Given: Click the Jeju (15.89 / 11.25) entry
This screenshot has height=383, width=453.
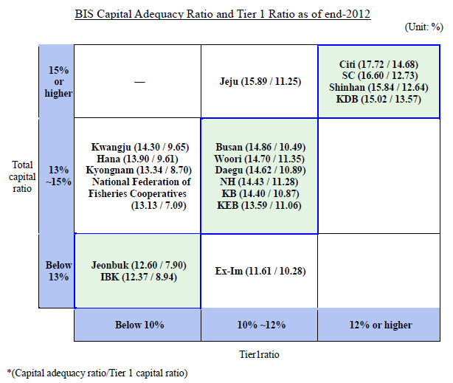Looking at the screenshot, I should pos(260,82).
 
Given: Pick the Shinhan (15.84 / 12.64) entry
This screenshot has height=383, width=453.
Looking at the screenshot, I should pos(382,87).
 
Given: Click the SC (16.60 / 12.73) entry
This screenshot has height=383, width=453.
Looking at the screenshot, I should pos(382,76).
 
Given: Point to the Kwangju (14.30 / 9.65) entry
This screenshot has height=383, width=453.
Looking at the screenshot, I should pos(138,147).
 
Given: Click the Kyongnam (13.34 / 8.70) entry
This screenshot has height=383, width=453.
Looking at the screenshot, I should pos(138,170).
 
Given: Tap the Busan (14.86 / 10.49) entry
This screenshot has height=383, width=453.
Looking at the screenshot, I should pos(260,147).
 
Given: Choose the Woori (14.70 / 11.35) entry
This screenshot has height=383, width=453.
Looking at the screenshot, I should pos(260,159).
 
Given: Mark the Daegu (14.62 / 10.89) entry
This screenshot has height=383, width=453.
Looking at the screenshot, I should pos(260,170).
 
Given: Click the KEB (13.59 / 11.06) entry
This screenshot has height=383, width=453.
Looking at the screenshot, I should pos(260,205).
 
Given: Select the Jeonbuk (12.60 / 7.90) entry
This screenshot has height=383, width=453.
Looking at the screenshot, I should pos(138,265).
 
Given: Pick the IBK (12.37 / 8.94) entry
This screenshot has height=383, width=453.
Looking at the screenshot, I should pos(138,277).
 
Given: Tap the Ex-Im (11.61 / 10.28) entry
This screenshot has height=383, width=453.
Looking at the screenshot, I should pos(260,271).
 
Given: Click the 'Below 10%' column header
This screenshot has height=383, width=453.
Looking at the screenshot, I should pos(138,325).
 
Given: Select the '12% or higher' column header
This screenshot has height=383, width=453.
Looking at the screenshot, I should pos(381,325).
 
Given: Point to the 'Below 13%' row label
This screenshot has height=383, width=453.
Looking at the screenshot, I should pos(58,271).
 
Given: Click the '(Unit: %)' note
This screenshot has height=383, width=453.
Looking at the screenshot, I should pos(423,27).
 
